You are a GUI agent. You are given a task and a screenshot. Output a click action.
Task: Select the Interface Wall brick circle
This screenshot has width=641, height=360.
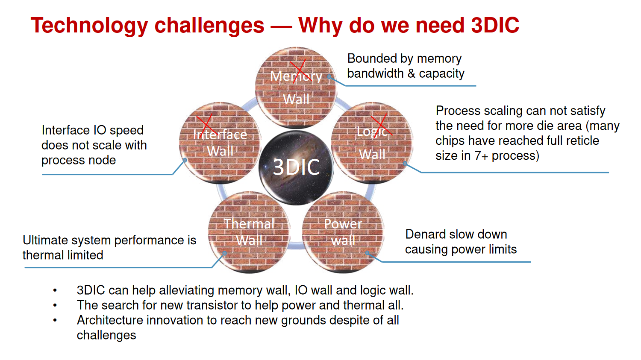tap(220, 143)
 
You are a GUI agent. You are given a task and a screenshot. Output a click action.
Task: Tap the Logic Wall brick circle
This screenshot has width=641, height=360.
tap(372, 143)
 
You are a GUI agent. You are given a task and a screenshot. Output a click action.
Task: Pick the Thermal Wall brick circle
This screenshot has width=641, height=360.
tap(249, 232)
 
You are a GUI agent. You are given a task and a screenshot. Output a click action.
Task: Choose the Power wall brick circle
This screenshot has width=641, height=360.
tap(343, 232)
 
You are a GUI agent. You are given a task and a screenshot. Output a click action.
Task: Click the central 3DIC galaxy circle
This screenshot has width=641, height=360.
tap(296, 167)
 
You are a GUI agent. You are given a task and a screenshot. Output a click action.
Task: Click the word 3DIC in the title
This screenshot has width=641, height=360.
tap(495, 25)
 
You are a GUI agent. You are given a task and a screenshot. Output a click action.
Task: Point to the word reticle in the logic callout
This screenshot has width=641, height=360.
tap(581, 140)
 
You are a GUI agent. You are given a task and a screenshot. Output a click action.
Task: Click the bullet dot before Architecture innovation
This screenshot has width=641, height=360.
tap(55, 320)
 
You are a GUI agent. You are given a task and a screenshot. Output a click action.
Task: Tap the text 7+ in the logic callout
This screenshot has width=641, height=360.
tap(481, 156)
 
